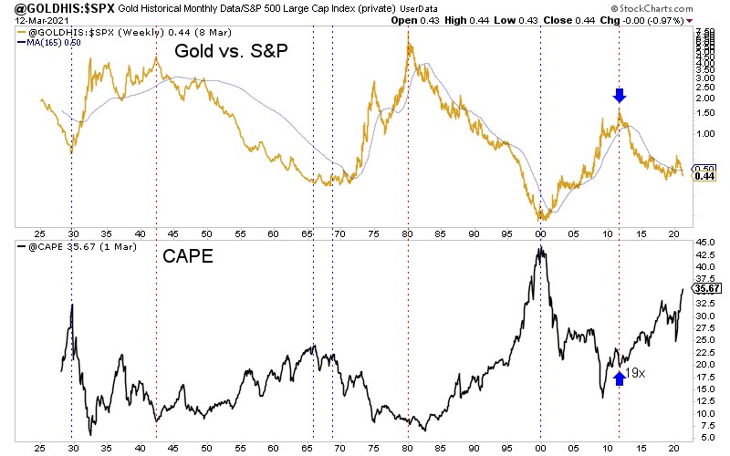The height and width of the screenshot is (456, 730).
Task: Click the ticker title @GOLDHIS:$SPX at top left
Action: click(57, 9)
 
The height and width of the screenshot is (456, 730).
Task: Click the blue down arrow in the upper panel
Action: click(620, 96)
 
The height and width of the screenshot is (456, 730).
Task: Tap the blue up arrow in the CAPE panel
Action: click(620, 376)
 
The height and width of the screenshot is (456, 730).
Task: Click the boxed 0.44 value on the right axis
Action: click(705, 176)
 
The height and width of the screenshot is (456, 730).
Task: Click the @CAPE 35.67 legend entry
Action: click(64, 246)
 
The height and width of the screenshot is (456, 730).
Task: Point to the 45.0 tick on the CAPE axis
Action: click(705, 243)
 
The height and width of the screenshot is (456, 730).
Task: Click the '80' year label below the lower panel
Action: click(407, 450)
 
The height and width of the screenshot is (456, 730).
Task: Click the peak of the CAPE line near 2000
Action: click(540, 246)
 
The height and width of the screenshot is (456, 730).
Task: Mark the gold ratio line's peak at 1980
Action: click(408, 34)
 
